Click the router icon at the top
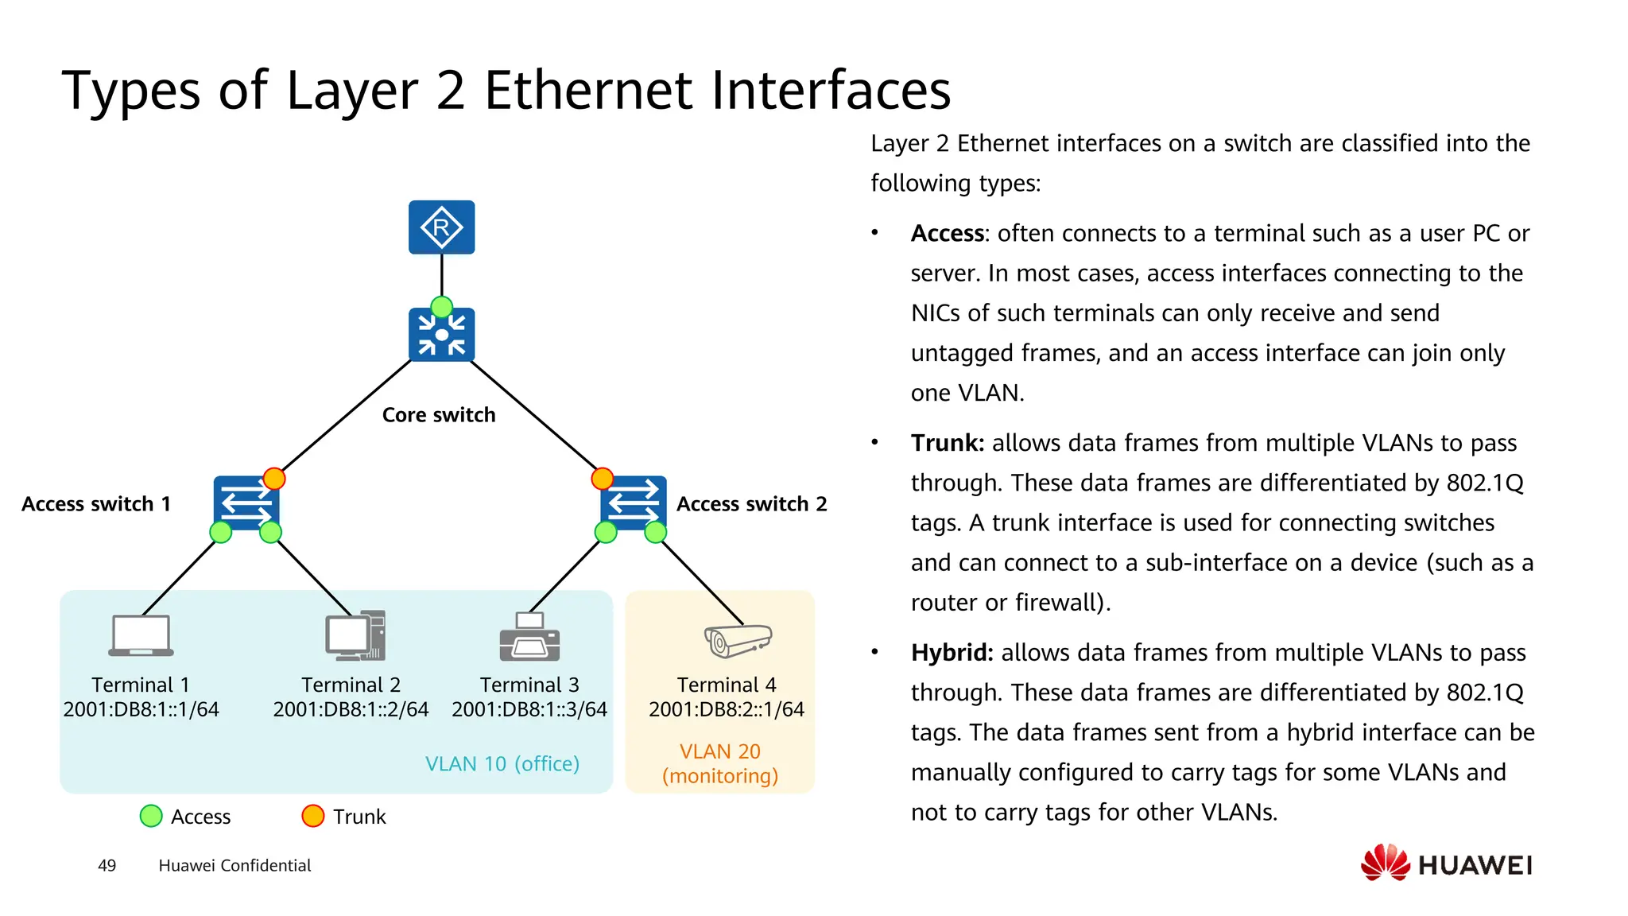(441, 227)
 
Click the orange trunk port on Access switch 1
(274, 479)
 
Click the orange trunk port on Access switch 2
(603, 479)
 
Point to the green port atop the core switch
(441, 307)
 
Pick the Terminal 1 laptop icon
(141, 636)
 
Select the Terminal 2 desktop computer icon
(355, 636)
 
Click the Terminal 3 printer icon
(529, 637)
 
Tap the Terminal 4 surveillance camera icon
(738, 639)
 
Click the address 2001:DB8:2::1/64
(726, 709)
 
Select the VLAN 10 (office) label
(502, 764)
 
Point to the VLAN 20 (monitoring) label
(720, 763)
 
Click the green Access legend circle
(151, 817)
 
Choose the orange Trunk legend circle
(313, 817)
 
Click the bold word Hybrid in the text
(952, 654)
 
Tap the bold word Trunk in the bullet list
(947, 444)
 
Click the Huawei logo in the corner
(1446, 864)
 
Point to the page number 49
(107, 866)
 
